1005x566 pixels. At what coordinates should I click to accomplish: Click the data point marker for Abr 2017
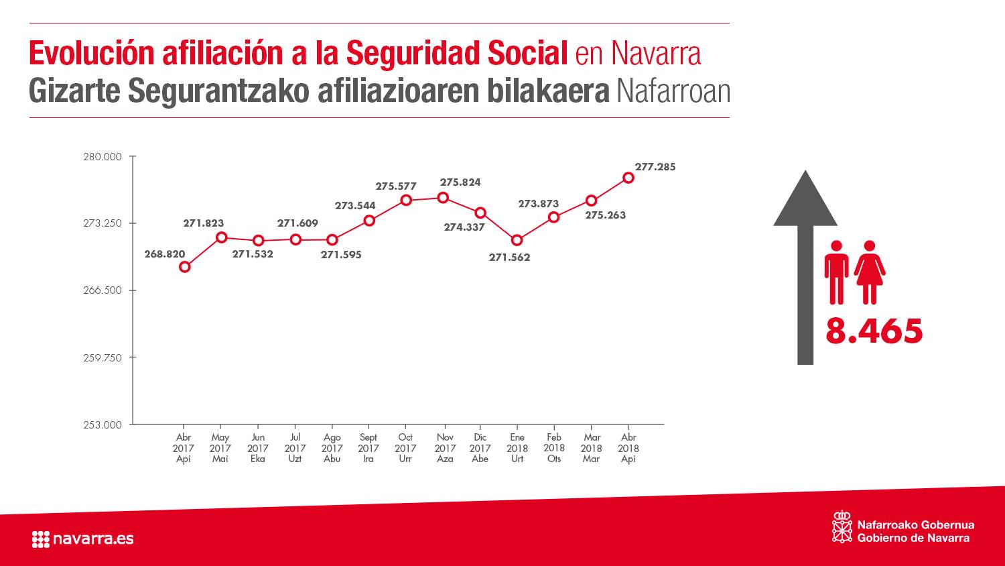185,267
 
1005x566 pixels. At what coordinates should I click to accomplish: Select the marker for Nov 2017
443,198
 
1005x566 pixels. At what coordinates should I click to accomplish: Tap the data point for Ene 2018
517,240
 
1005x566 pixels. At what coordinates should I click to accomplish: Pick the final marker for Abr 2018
628,178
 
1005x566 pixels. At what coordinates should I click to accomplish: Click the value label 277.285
655,167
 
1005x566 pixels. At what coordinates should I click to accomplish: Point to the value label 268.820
164,254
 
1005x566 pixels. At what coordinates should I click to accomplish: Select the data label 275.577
395,186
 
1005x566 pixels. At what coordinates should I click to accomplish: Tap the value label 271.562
509,258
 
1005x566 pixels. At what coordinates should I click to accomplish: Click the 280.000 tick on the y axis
103,157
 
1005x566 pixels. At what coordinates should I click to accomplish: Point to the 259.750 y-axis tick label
103,358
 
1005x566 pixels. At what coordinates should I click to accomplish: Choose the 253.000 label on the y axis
103,425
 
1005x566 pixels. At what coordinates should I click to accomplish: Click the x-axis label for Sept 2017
368,448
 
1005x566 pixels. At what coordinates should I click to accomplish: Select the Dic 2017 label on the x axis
480,448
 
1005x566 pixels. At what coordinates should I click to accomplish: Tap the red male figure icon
836,272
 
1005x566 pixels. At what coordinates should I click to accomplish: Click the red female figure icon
869,272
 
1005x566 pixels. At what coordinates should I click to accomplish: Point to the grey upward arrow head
805,200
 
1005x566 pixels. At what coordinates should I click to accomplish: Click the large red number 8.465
874,331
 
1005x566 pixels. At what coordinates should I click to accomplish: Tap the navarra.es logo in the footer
82,539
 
